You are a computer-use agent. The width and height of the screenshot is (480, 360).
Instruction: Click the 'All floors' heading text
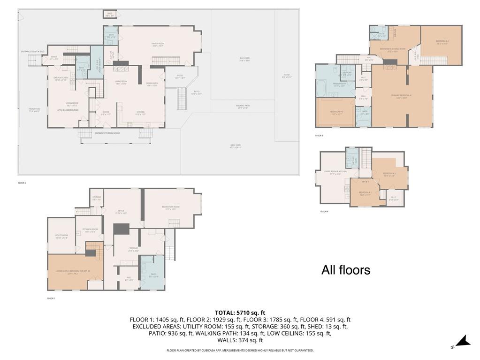(x=346, y=270)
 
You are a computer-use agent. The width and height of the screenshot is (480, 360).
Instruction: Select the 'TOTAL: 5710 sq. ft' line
(x=240, y=313)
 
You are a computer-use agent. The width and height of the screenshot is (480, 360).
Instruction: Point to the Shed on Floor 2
(x=109, y=15)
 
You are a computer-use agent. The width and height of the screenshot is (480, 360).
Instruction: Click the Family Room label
(x=158, y=44)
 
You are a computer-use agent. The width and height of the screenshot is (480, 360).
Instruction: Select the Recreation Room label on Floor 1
(x=172, y=208)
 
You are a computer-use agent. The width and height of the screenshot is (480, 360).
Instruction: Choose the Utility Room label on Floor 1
(x=61, y=237)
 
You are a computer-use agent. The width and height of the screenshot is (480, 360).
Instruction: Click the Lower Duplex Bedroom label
(x=73, y=272)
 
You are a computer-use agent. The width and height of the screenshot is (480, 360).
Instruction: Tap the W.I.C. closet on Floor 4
(x=394, y=199)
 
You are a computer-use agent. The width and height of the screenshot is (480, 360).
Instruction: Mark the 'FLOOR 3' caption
(x=319, y=136)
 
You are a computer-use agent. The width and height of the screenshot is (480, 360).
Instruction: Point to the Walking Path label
(x=243, y=107)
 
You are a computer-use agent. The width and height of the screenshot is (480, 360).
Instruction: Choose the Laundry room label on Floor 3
(x=347, y=73)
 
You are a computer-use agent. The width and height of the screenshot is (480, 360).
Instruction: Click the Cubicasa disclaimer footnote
(x=240, y=350)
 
